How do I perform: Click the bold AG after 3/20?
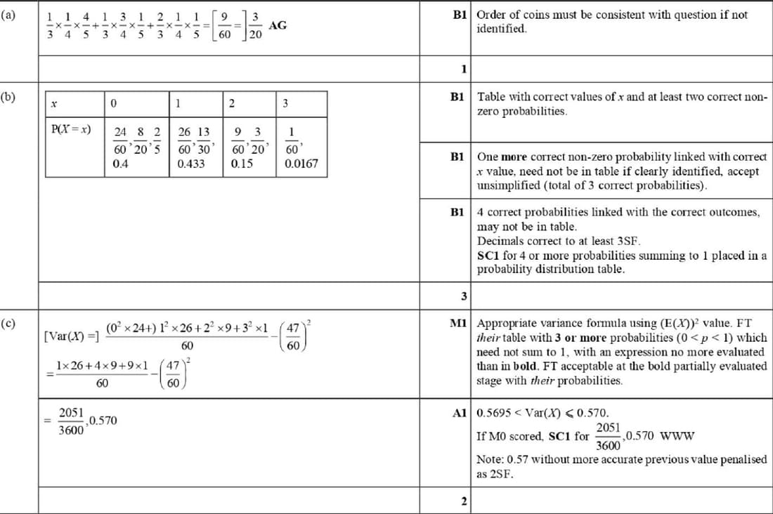click(x=278, y=25)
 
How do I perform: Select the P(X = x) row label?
click(x=71, y=129)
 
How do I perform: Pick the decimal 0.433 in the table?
click(x=191, y=164)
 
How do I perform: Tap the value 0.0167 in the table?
click(x=301, y=164)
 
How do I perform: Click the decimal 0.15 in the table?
click(x=242, y=164)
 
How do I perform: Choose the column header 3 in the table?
click(x=285, y=104)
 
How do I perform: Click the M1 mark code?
click(x=458, y=324)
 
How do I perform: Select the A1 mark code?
click(x=460, y=413)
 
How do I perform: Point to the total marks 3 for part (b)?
click(x=464, y=296)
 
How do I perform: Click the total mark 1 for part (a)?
click(x=464, y=69)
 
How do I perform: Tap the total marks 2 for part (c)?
click(x=464, y=501)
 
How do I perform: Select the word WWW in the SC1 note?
click(x=679, y=435)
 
